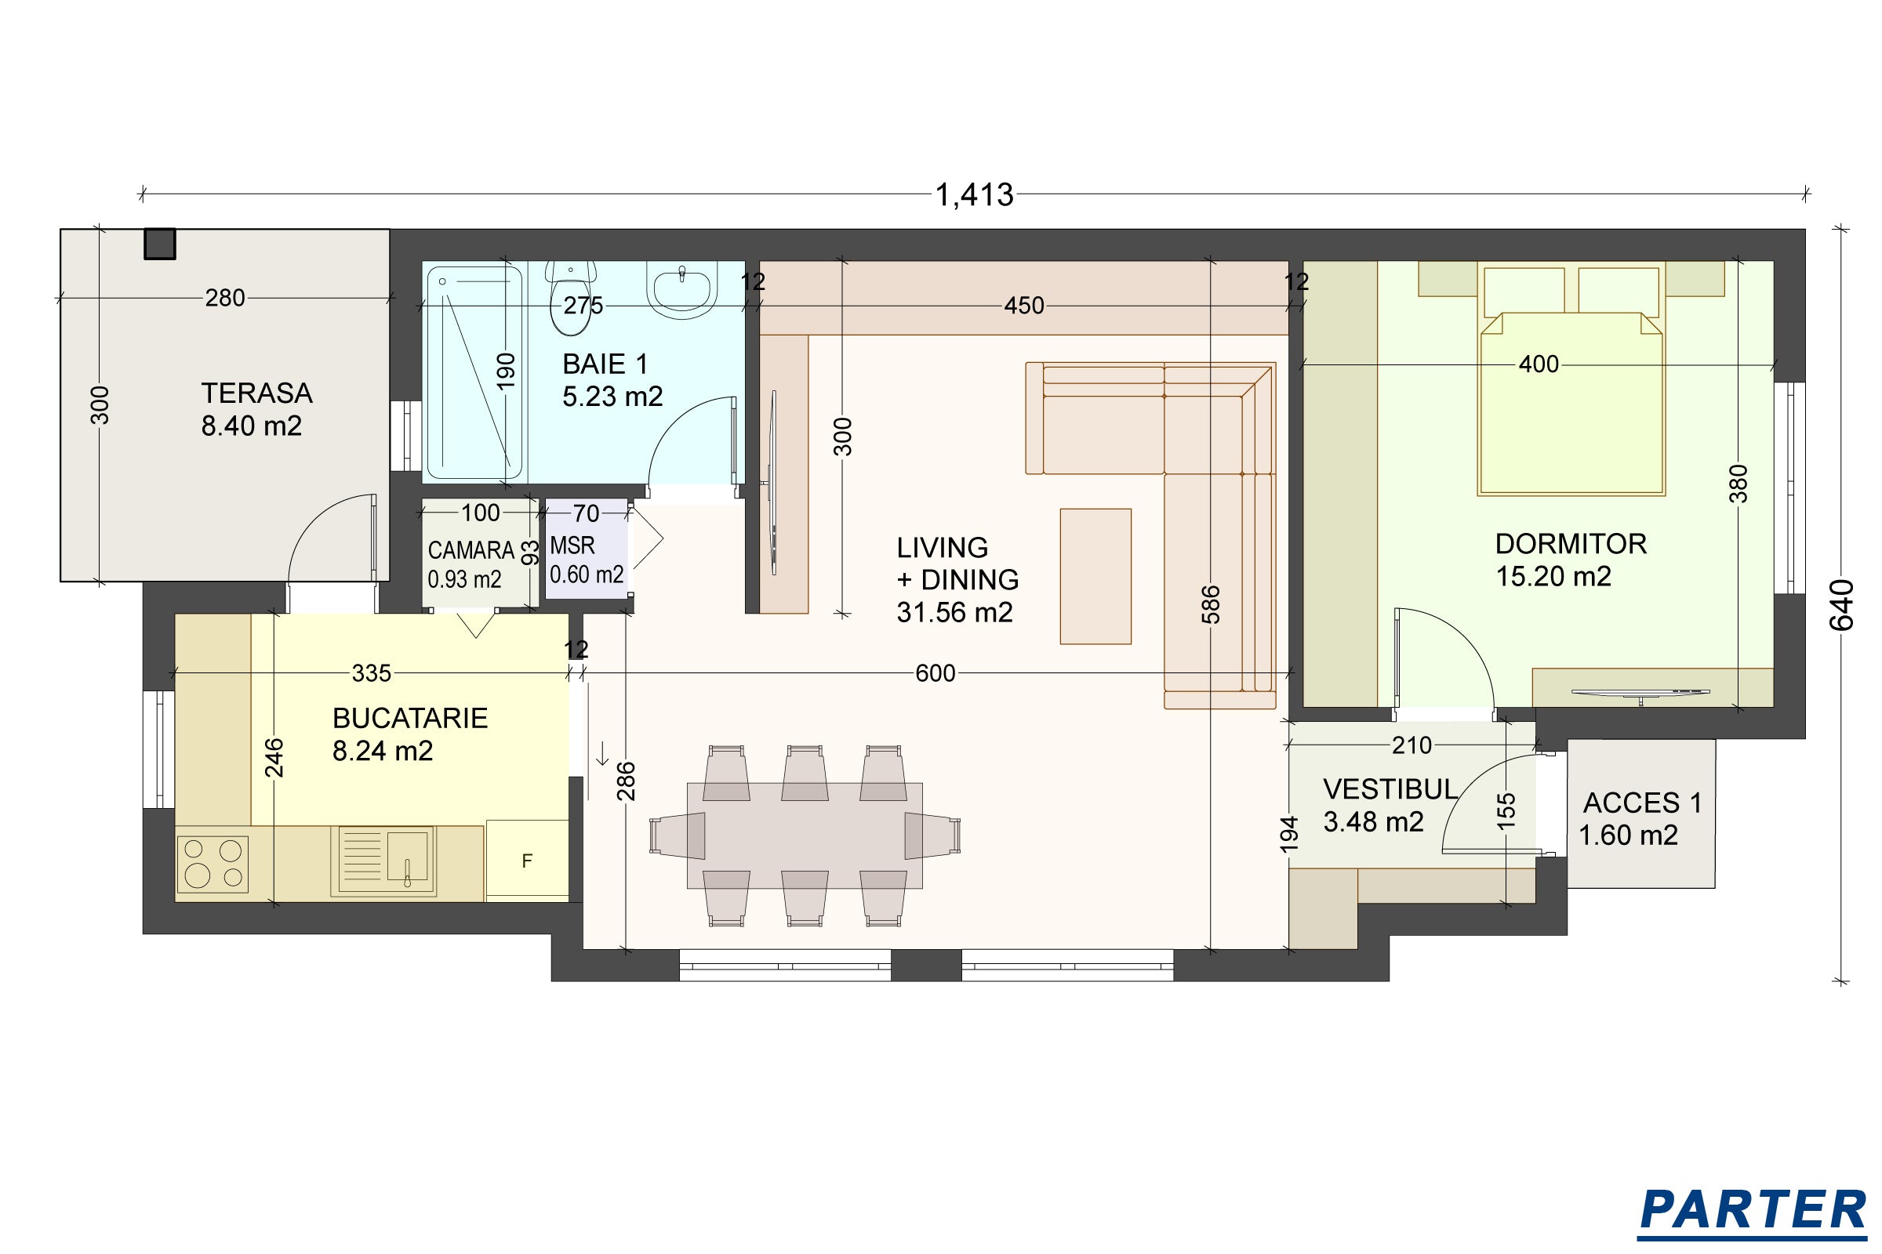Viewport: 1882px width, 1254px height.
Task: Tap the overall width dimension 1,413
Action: tap(975, 194)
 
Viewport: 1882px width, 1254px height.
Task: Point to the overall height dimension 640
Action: tap(1842, 604)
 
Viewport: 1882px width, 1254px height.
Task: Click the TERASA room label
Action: tap(256, 393)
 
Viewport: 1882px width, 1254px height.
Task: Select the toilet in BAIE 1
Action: tap(571, 297)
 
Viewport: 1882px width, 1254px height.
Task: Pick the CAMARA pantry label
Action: tap(470, 550)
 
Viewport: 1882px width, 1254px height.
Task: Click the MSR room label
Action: tap(572, 545)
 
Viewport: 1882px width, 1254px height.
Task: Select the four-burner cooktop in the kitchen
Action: tap(212, 864)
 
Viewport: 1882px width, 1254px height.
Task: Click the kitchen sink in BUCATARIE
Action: tap(383, 861)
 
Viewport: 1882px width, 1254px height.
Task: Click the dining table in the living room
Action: tap(805, 835)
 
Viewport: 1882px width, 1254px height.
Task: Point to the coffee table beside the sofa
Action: tap(1095, 576)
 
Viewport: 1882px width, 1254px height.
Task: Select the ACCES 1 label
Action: tap(1642, 802)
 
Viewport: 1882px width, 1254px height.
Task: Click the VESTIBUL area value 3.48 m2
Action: tap(1373, 821)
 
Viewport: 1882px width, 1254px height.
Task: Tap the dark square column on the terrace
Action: tap(160, 244)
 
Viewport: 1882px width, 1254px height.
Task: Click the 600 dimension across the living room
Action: tap(936, 673)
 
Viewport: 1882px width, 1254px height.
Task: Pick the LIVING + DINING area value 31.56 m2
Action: tap(954, 613)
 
